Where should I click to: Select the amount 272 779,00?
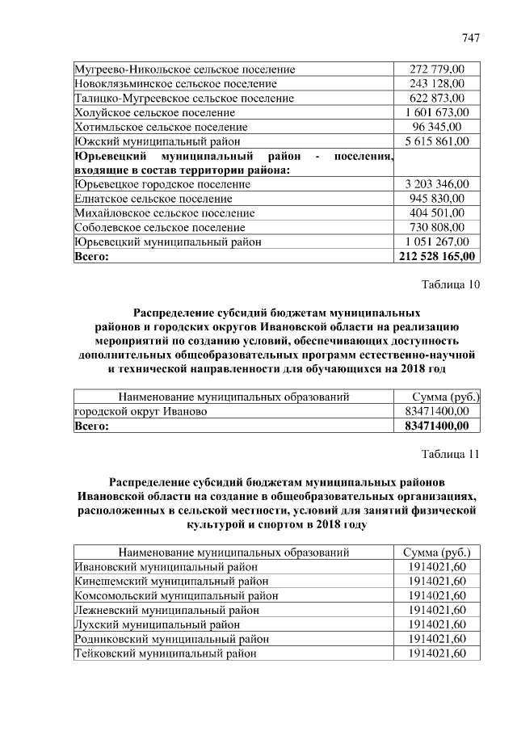coord(437,69)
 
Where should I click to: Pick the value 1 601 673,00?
coord(437,112)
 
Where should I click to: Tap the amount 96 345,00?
coord(437,127)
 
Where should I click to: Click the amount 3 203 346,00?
coord(437,184)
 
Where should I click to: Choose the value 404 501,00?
coord(437,213)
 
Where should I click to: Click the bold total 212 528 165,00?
coord(437,256)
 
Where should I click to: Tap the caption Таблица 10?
coord(451,284)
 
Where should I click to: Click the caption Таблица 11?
coord(451,453)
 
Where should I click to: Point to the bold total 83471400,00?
coord(436,426)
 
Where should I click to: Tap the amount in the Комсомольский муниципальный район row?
coord(437,595)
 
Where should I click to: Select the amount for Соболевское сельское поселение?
coord(437,228)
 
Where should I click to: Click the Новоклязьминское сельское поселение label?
coord(175,83)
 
